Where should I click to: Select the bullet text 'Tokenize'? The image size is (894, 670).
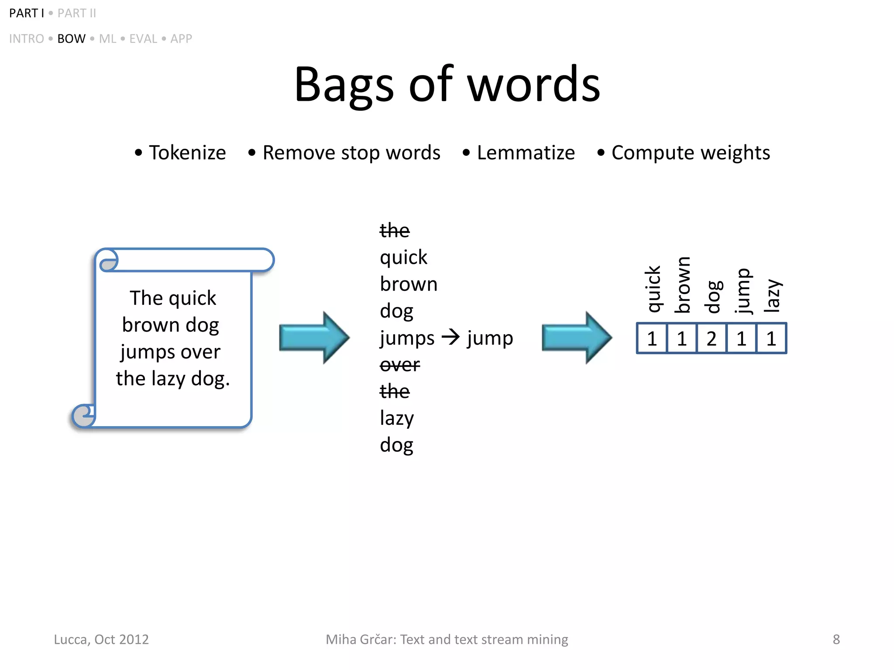click(187, 153)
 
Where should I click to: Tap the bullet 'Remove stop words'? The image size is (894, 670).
click(351, 153)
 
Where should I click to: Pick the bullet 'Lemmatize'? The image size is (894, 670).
click(526, 153)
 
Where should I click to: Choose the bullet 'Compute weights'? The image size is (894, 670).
click(691, 153)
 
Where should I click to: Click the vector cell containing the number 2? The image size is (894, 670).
click(712, 338)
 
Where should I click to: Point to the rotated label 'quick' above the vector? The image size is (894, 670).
click(653, 289)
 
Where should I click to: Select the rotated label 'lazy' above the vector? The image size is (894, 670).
click(772, 295)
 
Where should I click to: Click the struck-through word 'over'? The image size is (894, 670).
click(400, 365)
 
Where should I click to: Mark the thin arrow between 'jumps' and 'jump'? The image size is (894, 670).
click(450, 337)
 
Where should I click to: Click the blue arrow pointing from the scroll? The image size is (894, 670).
click(314, 338)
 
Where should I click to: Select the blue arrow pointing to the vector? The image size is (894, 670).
click(576, 338)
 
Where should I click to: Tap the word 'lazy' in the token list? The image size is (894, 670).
click(397, 418)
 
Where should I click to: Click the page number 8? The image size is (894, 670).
click(836, 639)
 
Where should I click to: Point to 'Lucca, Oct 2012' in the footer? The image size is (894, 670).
click(101, 639)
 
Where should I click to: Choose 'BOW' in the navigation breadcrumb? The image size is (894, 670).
click(71, 39)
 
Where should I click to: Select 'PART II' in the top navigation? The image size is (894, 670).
click(77, 14)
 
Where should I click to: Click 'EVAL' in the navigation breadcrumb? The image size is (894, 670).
click(143, 39)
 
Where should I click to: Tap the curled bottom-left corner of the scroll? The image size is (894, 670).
click(83, 416)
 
